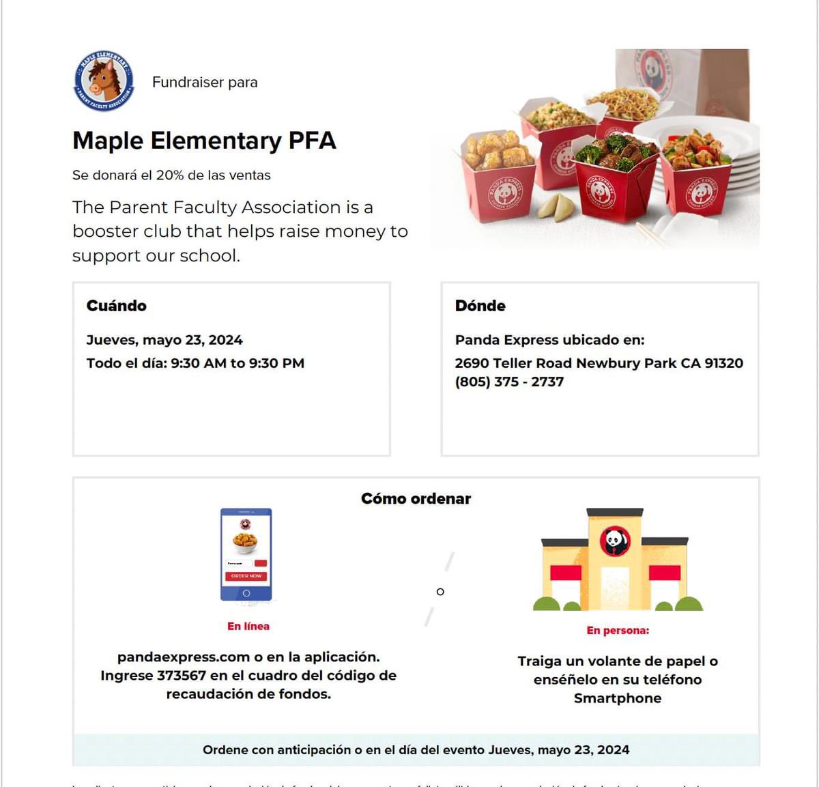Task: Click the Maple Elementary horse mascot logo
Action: tap(104, 81)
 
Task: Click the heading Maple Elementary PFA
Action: tap(204, 141)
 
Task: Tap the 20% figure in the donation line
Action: tap(170, 175)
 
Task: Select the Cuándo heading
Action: tap(116, 306)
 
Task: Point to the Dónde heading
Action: tap(480, 306)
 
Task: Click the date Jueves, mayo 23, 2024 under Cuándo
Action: tap(164, 340)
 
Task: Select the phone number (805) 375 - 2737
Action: tap(509, 382)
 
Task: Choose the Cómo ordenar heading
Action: tap(416, 499)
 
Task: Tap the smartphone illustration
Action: tap(246, 554)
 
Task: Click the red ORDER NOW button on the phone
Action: tap(246, 576)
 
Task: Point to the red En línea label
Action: tap(248, 626)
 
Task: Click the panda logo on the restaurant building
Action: tap(615, 541)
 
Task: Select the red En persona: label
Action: tap(618, 630)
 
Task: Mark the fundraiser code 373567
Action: tap(181, 676)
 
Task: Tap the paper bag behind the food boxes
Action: tap(682, 78)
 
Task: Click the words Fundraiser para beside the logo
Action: tap(205, 83)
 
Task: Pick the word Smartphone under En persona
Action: tap(618, 698)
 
